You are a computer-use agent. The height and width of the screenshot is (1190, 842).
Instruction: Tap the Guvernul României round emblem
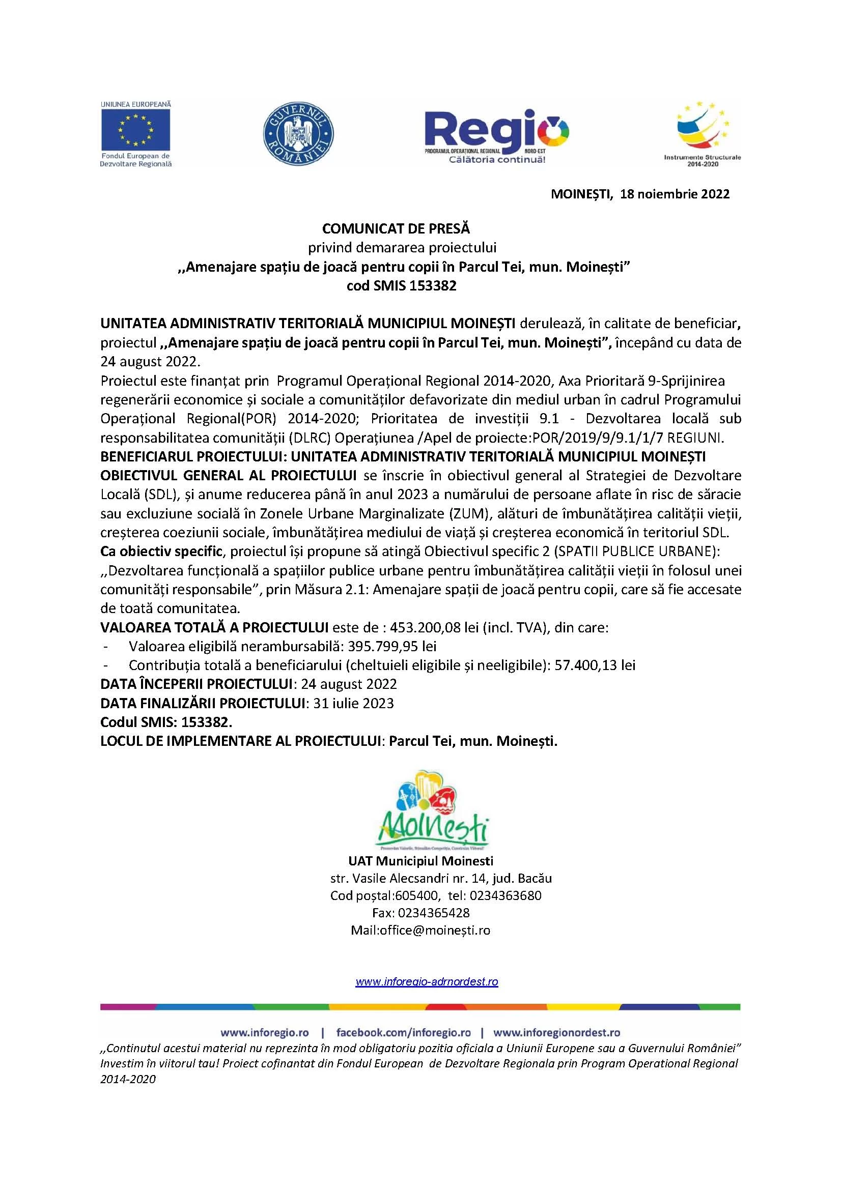coord(298,133)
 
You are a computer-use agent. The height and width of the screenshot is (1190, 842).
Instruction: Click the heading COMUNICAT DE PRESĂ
coord(396,228)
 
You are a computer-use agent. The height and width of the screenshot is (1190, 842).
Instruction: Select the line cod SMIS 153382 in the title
coord(401,285)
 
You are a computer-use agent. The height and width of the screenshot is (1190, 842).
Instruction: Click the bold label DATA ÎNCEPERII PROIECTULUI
coord(197,684)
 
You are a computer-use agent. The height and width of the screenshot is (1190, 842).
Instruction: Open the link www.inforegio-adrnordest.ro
coord(426,981)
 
